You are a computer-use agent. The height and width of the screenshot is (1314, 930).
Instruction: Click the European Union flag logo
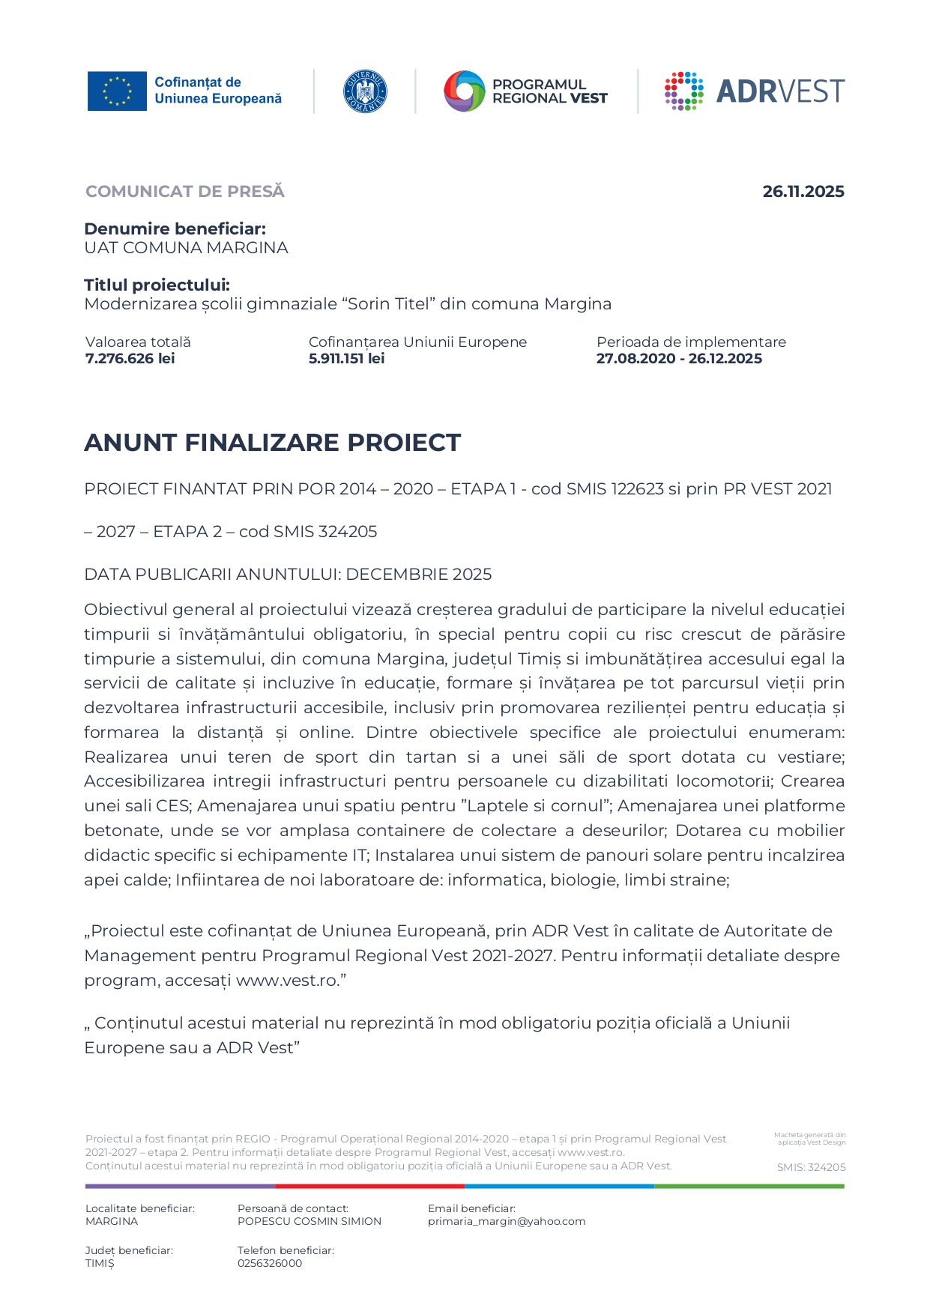coord(117,91)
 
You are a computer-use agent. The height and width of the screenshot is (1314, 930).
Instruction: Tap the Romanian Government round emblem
coord(364,91)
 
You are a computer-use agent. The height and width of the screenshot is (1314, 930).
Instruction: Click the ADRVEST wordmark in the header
coord(780,91)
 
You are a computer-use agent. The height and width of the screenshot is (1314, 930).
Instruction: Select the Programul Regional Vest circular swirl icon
coord(465,91)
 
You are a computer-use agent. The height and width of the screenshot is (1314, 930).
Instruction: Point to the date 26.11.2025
coord(803,192)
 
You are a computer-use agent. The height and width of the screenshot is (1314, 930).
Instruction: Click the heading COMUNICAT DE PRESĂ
coord(185,192)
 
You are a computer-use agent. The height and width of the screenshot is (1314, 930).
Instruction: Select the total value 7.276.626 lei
coord(130,359)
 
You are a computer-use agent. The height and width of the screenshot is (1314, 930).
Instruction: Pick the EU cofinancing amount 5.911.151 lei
coord(346,359)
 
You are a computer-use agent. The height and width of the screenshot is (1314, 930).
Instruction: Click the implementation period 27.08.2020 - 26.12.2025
coord(679,359)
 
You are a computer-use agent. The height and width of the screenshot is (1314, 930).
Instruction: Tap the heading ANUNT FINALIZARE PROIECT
coord(272,443)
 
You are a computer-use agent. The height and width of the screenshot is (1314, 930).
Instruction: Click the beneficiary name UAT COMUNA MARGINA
coord(186,248)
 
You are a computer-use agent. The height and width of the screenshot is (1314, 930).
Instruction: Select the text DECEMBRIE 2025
coord(419,575)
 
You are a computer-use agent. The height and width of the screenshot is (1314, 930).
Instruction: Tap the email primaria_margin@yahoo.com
coord(507,1221)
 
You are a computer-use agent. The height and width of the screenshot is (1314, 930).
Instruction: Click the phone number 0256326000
coord(270,1263)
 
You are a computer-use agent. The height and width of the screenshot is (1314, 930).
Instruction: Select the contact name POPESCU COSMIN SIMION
coord(310,1221)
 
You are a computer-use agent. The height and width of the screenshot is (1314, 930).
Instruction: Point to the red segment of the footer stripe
coord(369,1186)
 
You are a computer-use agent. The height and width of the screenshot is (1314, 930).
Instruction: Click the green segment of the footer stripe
coord(749,1186)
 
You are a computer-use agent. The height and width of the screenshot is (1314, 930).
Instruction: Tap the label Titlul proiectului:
coord(157,285)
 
